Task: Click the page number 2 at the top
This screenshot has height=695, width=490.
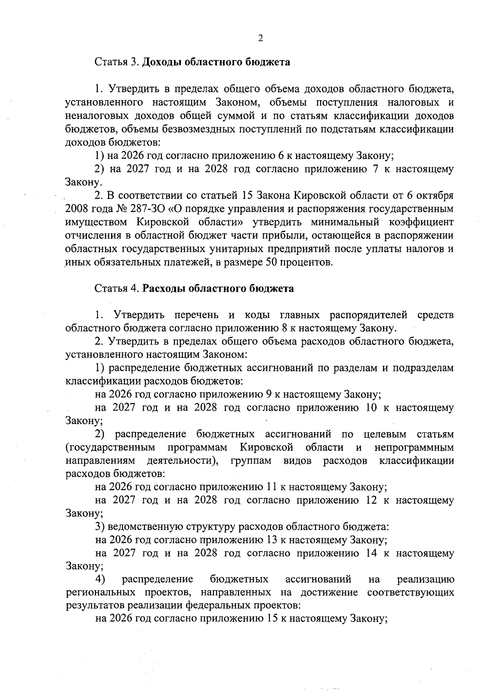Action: coord(261,38)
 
